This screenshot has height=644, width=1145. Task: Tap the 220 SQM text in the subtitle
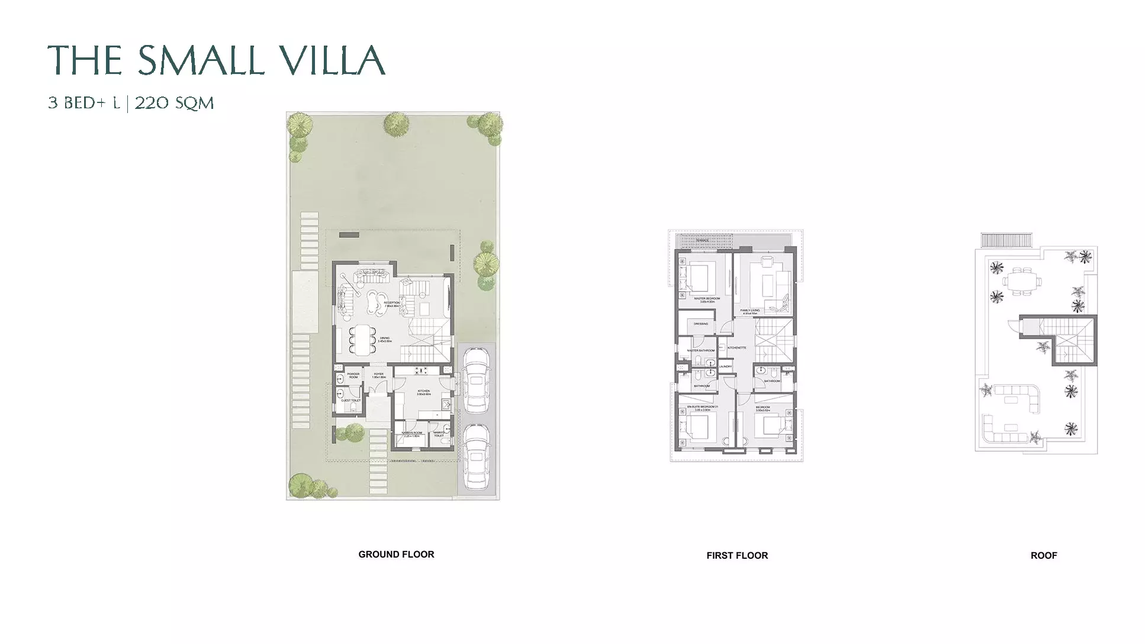[x=174, y=103]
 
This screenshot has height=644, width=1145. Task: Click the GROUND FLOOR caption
[x=396, y=555]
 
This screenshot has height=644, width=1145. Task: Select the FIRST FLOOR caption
[x=737, y=556]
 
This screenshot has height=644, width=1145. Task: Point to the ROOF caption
[x=1043, y=556]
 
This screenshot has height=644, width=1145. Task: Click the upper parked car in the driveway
[x=475, y=379]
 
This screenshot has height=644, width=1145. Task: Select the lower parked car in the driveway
[x=475, y=457]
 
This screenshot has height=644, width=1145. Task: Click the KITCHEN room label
[x=423, y=391]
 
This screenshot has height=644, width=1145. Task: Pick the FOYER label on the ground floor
[x=378, y=374]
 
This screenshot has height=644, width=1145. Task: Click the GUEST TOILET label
[x=350, y=401]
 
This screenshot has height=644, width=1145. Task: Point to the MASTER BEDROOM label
[x=707, y=298]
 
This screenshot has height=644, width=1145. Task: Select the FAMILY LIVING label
[x=750, y=310]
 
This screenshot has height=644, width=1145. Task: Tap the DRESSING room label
[x=700, y=324]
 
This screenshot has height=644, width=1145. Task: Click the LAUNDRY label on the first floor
[x=725, y=367]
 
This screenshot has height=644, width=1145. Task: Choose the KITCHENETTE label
[x=736, y=347]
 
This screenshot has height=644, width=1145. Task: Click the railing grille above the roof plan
[x=1006, y=240]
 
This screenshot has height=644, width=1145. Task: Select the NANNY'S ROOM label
[x=411, y=433]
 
